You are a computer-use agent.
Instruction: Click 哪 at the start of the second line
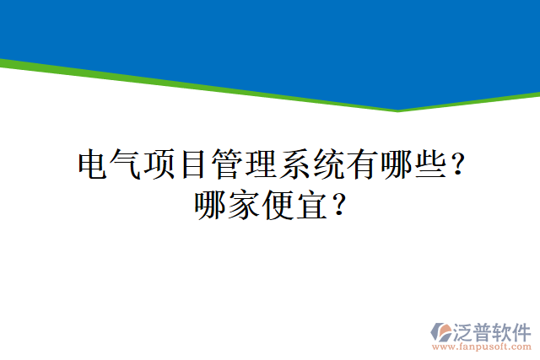click(211, 205)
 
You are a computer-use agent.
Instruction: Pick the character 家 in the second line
click(245, 205)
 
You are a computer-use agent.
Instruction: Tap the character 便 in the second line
click(278, 205)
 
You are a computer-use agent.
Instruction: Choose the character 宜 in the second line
click(312, 205)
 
